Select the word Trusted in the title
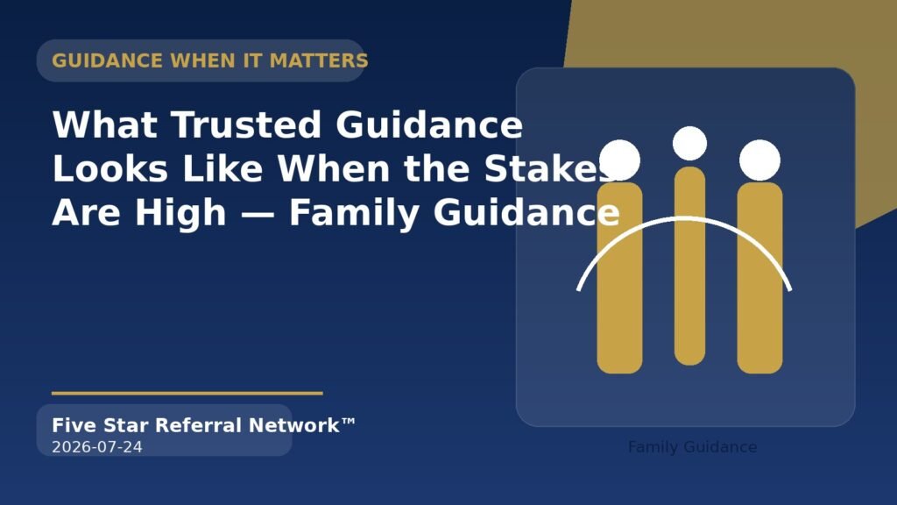pos(246,124)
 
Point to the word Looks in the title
pos(110,168)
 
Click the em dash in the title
pos(258,214)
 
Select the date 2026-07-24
pos(97,447)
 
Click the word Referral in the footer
pos(199,425)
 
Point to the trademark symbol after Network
pos(349,423)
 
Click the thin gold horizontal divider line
pos(187,394)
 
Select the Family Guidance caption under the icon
pos(692,447)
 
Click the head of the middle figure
pos(690,143)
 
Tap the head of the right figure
pos(759,160)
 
